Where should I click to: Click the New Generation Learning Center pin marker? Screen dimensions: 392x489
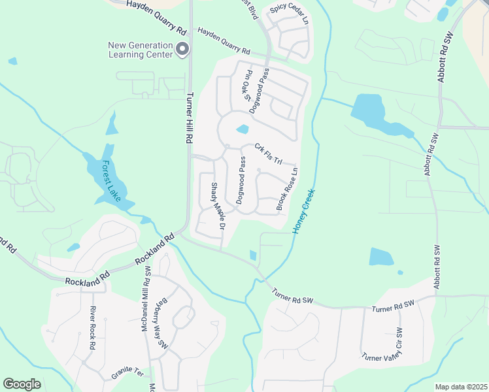(183, 48)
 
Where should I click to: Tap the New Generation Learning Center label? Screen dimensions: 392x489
(141, 50)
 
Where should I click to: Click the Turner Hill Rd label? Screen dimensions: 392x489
(190, 118)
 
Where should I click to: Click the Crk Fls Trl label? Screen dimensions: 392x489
(268, 154)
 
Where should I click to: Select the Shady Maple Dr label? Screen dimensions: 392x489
(217, 206)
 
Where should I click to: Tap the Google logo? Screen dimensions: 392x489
(22, 384)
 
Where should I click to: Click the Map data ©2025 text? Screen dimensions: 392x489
(460, 387)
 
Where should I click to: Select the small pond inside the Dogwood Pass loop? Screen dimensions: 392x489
(243, 129)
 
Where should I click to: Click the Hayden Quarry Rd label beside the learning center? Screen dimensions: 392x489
(224, 41)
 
